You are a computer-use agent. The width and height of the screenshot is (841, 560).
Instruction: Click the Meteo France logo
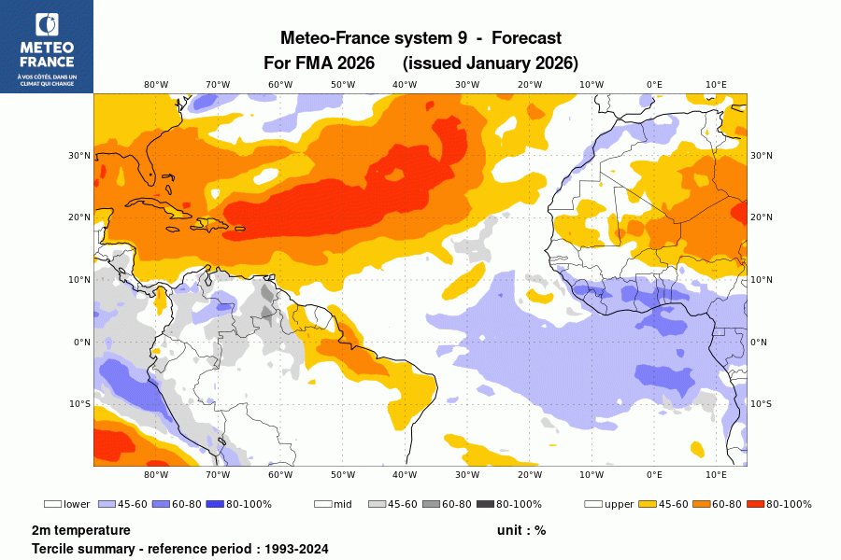47,47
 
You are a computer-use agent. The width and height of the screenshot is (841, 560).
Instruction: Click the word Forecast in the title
526,38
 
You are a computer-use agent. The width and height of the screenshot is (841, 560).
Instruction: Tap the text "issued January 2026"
491,63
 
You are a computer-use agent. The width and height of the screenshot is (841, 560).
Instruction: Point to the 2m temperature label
80,530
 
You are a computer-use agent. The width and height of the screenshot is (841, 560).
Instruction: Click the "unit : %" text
521,530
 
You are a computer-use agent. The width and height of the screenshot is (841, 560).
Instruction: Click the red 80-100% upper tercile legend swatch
756,504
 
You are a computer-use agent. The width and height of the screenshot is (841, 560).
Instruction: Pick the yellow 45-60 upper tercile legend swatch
648,504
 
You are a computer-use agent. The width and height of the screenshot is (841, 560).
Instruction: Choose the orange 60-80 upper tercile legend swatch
702,504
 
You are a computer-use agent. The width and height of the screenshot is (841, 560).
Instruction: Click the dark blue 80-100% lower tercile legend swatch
214,504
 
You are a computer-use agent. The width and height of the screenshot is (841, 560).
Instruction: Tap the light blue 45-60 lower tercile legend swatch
107,504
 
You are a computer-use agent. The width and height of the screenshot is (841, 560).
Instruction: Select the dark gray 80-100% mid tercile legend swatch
485,504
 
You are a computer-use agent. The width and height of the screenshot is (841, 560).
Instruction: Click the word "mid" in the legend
343,504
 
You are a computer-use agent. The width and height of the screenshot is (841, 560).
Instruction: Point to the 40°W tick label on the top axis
405,84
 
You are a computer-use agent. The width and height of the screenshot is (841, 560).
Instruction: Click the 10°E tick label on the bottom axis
716,474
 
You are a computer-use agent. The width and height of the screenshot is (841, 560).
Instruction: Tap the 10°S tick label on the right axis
761,404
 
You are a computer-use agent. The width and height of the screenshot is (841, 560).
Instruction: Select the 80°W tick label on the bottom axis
156,474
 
